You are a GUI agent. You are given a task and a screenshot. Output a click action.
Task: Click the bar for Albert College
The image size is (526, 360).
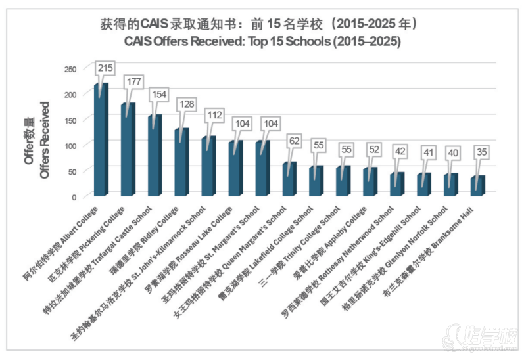click(101, 141)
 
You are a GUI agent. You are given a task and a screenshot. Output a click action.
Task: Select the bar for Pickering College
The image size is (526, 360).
click(128, 151)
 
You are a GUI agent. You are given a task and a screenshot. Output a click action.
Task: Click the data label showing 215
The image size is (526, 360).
click(106, 68)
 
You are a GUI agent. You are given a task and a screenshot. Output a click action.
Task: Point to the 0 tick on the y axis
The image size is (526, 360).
click(74, 196)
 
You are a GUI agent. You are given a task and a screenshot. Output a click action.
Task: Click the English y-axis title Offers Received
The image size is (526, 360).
click(45, 139)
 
